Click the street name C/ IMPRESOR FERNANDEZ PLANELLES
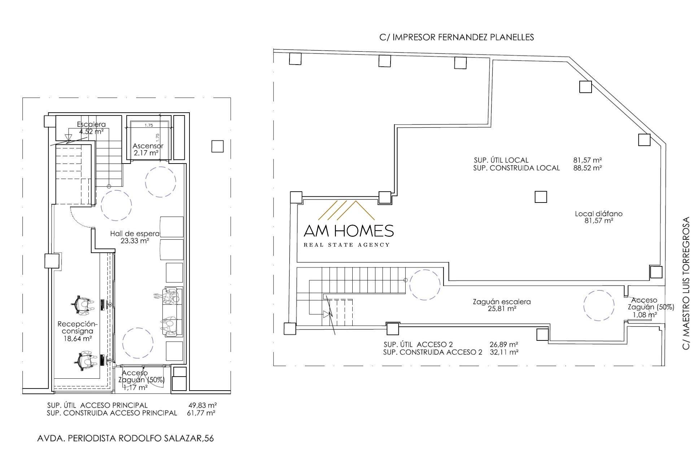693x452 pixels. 457,37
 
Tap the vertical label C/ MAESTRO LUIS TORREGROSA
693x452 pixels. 686,283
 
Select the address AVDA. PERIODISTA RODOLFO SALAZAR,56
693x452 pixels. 126,438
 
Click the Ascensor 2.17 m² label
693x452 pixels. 148,149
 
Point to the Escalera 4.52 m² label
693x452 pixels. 91,128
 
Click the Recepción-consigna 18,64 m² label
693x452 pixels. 77,331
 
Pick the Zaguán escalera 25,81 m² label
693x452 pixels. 502,305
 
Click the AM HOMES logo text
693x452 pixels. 348,231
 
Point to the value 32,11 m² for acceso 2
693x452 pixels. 504,352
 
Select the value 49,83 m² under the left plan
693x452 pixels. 202,405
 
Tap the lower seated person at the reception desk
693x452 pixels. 85,360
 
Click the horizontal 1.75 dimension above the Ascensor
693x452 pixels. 149,125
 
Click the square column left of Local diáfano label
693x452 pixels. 541,197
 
